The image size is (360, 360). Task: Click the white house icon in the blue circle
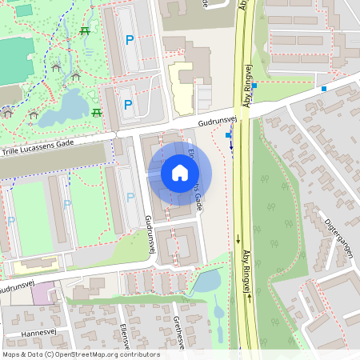coord(179,173)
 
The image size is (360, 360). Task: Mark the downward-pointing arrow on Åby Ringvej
coord(238,238)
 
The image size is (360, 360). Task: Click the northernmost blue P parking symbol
coord(128,39)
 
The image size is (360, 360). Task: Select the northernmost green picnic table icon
coord(84,31)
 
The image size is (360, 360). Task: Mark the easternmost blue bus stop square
coord(324,88)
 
